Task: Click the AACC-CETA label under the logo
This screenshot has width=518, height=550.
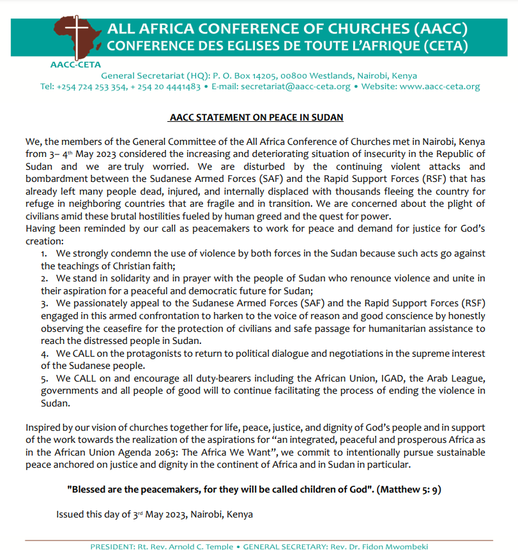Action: coord(75,64)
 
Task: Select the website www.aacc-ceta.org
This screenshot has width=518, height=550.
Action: coord(439,87)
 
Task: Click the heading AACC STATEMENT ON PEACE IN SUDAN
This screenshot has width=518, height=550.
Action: coord(257,117)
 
